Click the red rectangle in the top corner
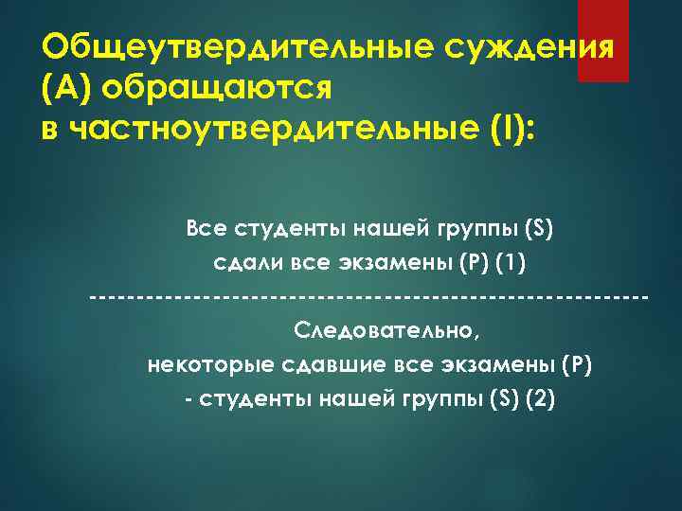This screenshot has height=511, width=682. point(603,41)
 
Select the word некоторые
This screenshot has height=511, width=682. point(202,364)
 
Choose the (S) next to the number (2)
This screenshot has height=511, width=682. point(503,398)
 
